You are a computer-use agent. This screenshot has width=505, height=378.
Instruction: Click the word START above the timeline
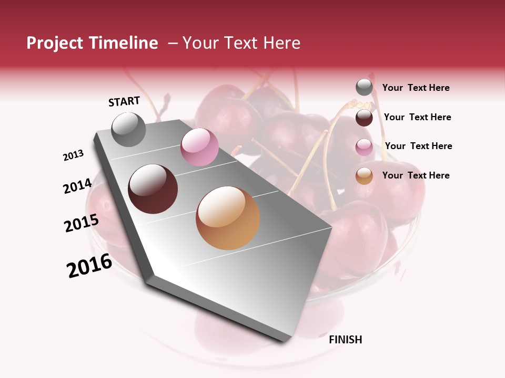point(124,101)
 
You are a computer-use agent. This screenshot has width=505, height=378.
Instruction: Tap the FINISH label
point(345,340)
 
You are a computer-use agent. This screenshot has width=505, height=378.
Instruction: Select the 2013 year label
point(73,155)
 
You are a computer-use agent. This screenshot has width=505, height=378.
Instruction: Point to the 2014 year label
point(77,186)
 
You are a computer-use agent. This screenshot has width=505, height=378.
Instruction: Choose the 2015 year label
point(81,223)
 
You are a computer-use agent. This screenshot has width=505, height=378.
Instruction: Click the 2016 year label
point(89,266)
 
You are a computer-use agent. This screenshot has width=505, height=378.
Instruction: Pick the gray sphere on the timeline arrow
point(128,129)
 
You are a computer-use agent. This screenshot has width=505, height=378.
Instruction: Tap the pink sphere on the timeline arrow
point(199,147)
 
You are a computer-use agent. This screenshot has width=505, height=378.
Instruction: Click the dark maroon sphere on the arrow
point(153,189)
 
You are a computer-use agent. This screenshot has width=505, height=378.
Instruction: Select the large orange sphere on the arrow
point(228,218)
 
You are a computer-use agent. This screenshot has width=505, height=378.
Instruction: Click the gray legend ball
point(364,88)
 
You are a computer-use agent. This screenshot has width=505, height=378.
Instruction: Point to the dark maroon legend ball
point(364,118)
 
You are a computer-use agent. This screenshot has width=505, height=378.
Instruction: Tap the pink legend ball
point(364,147)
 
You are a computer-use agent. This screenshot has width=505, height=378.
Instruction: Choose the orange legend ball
point(364,176)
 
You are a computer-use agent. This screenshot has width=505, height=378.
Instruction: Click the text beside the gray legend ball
point(416,88)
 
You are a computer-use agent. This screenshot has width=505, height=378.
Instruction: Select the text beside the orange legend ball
point(416,175)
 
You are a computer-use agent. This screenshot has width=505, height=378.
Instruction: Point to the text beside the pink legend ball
point(418,146)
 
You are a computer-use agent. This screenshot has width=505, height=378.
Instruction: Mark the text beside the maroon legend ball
point(417,117)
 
